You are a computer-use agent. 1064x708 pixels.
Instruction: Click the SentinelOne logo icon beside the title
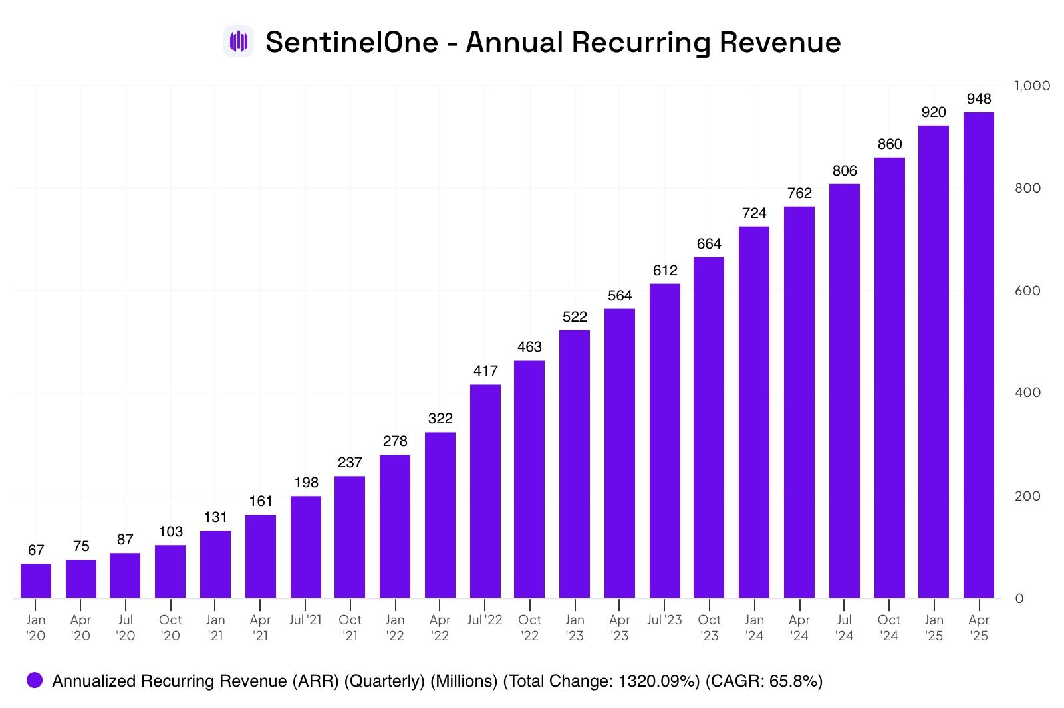point(238,42)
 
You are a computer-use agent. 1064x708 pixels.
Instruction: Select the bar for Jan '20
point(36,580)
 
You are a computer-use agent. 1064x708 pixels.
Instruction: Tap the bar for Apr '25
point(978,355)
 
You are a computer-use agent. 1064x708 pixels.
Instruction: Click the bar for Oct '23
point(709,427)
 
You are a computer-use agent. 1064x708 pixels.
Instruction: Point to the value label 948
point(978,99)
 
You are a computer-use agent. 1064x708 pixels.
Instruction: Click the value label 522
point(575,317)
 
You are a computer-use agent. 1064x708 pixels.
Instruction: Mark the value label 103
point(170,532)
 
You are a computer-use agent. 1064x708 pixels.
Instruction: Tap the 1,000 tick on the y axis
point(1032,86)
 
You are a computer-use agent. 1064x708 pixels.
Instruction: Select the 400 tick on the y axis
point(1027,392)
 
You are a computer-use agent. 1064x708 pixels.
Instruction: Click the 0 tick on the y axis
point(1019,598)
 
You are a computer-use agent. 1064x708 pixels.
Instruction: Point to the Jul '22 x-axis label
point(485,620)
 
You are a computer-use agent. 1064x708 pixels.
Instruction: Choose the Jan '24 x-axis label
point(754,628)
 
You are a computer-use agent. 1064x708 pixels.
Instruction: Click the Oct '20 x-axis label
point(170,628)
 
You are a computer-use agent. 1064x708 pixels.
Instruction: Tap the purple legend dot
point(35,681)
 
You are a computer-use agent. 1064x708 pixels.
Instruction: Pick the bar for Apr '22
point(440,515)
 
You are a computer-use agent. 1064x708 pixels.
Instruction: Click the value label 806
point(844,171)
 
